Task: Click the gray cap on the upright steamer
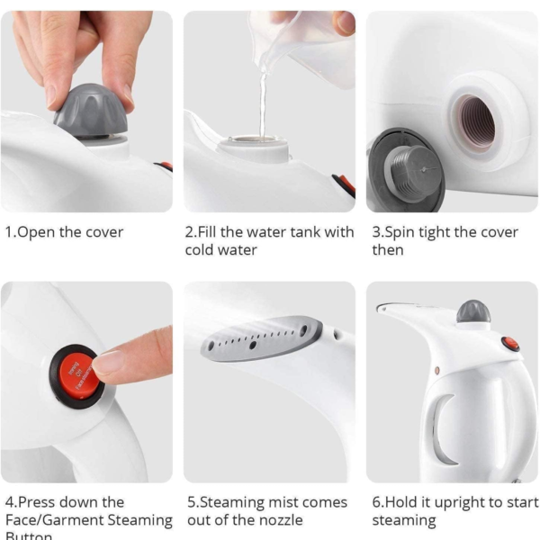[x=472, y=311]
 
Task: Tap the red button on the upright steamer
[x=510, y=343]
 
